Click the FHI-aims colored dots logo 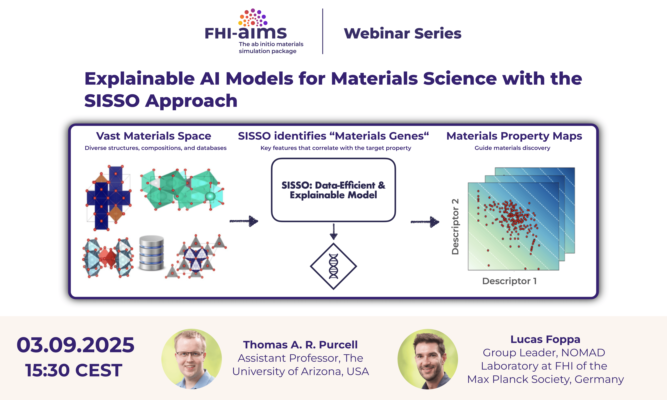(253, 18)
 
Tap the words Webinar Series (402, 33)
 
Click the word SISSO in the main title (112, 101)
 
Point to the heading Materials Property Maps (514, 136)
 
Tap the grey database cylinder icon (152, 253)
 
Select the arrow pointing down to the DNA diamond (334, 231)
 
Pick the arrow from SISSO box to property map (425, 222)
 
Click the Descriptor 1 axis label (509, 281)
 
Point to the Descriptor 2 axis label (455, 227)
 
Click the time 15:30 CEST (74, 370)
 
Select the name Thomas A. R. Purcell (300, 345)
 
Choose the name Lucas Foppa (545, 339)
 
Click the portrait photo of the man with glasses (191, 359)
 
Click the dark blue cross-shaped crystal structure (108, 198)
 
